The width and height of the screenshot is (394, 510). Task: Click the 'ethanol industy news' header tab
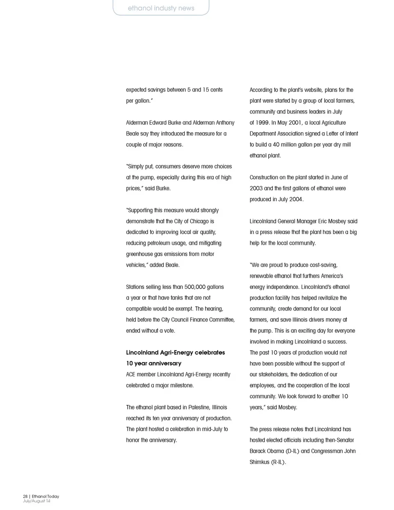pyautogui.click(x=161, y=8)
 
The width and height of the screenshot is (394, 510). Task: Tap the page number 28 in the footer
pyautogui.click(x=25, y=496)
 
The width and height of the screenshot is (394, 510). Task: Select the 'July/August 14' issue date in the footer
pyautogui.click(x=37, y=501)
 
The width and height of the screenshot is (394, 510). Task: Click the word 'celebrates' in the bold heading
pyautogui.click(x=210, y=352)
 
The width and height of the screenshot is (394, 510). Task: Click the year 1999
pyautogui.click(x=262, y=123)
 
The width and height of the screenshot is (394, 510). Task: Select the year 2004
pyautogui.click(x=295, y=200)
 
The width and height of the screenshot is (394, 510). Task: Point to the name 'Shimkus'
pyautogui.click(x=259, y=462)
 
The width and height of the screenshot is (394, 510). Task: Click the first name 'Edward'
pyautogui.click(x=165, y=123)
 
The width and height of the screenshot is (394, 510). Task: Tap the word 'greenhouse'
pyautogui.click(x=139, y=254)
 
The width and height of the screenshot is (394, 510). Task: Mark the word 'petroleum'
pyautogui.click(x=164, y=243)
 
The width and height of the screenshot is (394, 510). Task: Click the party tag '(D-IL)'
pyautogui.click(x=292, y=451)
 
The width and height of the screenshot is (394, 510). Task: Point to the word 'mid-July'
pyautogui.click(x=209, y=429)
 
